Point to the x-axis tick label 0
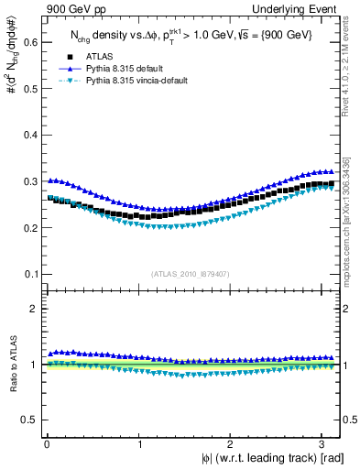pyautogui.click(x=47, y=444)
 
